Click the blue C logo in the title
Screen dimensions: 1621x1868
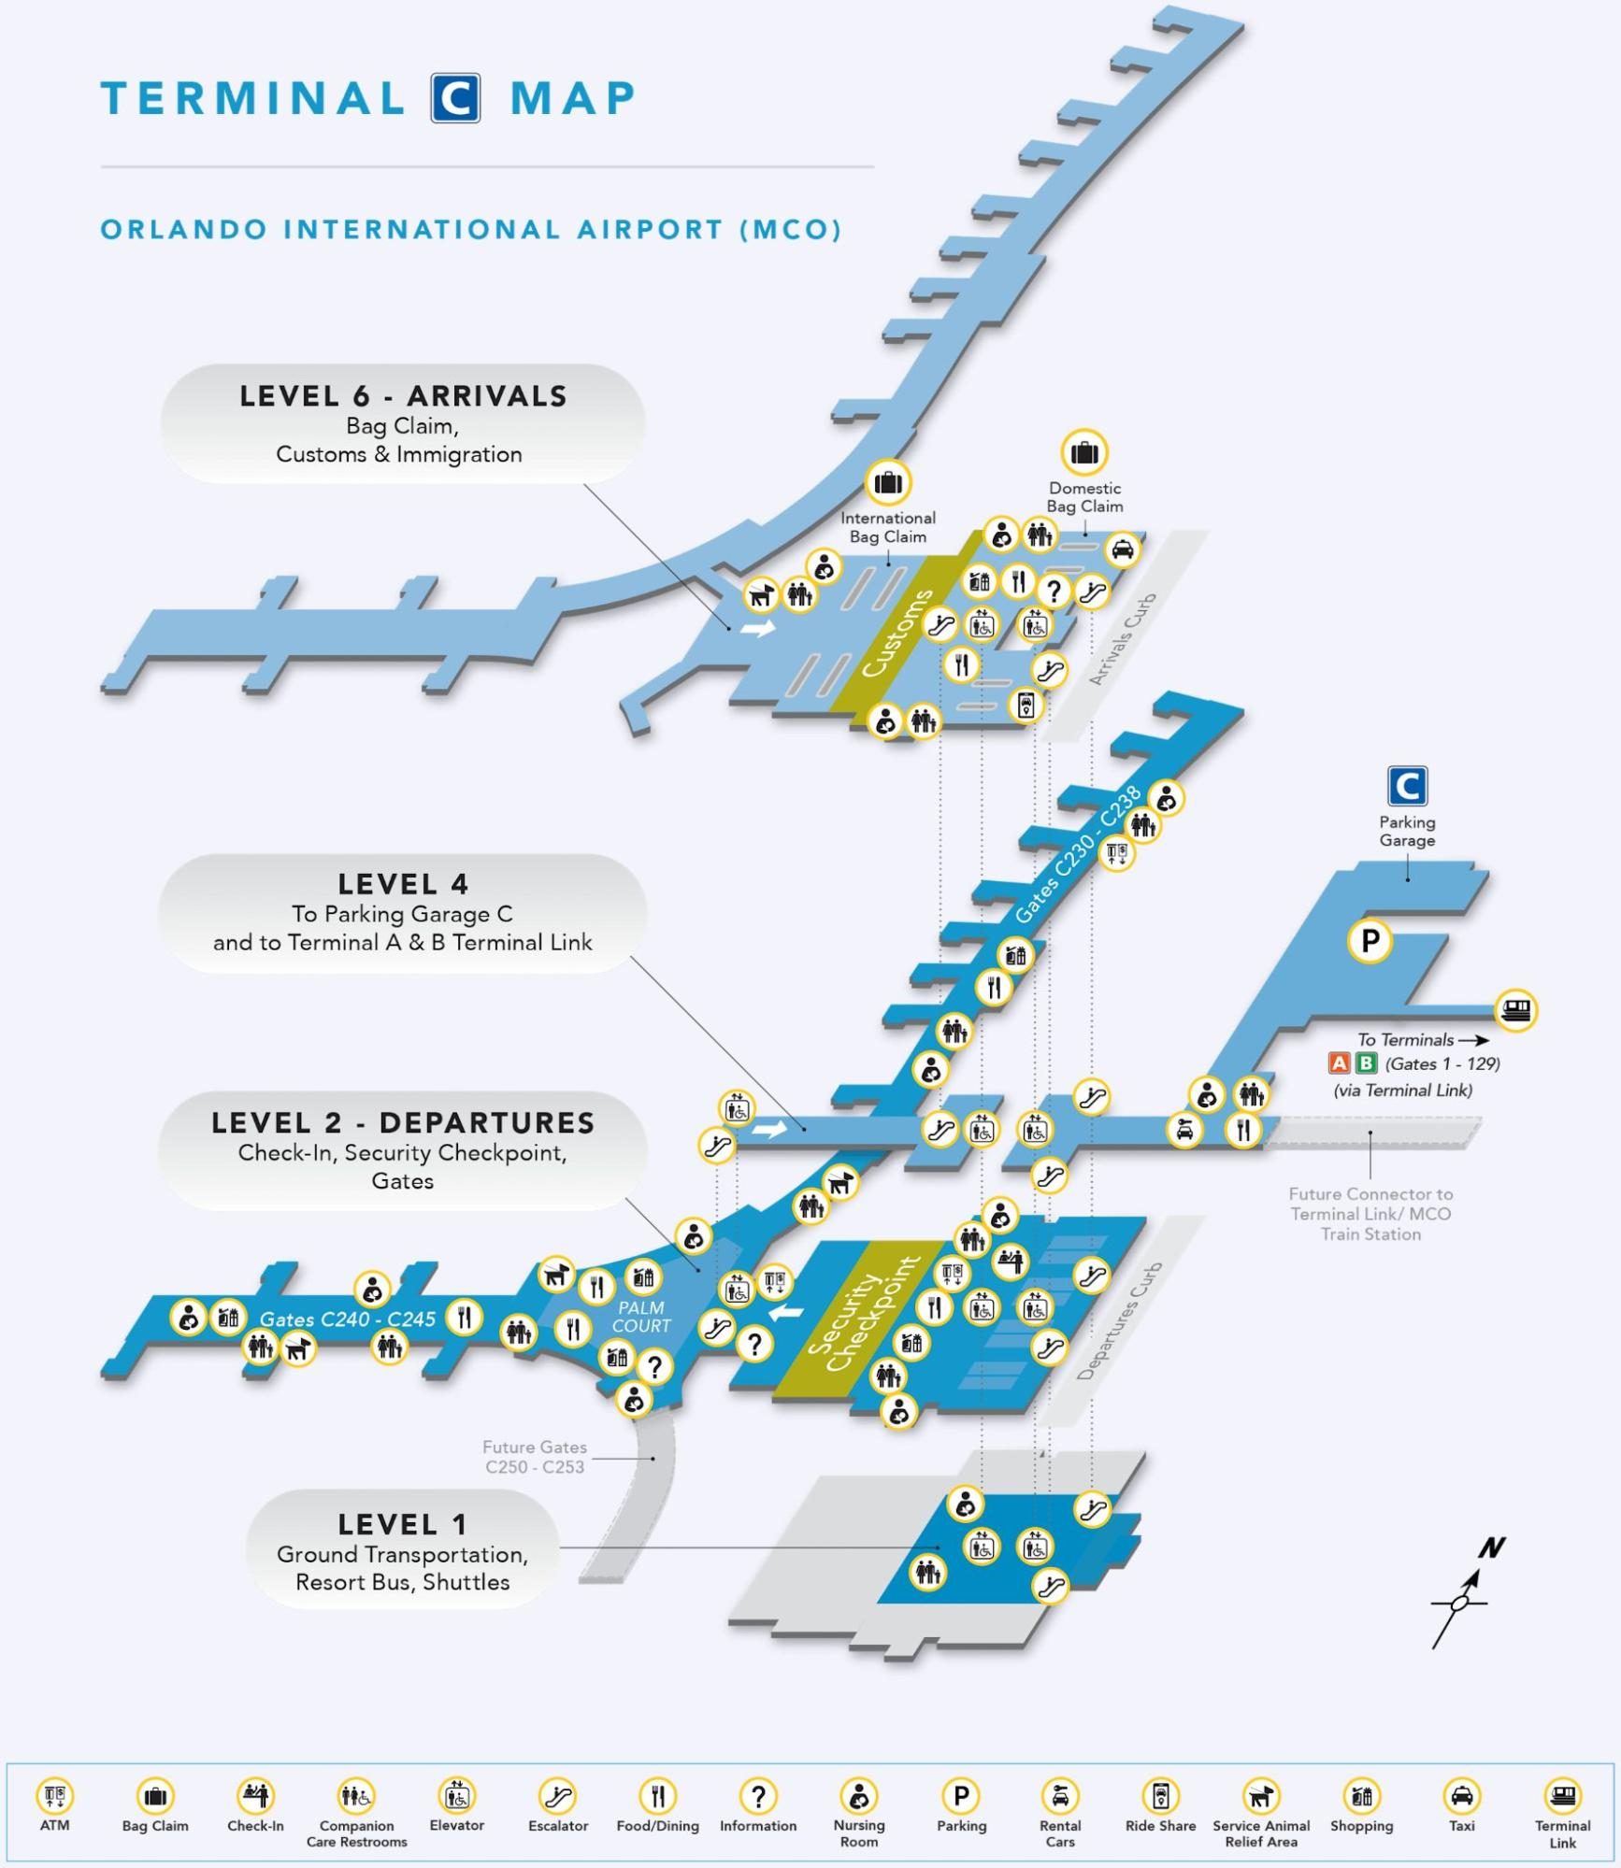pyautogui.click(x=455, y=98)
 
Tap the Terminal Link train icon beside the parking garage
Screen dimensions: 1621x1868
pyautogui.click(x=1515, y=1009)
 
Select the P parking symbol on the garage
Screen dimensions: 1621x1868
pyautogui.click(x=1370, y=940)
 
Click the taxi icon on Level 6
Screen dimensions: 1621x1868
pyautogui.click(x=1122, y=549)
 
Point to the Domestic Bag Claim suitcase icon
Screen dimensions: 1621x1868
pyautogui.click(x=1084, y=452)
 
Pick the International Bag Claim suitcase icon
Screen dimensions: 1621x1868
pyautogui.click(x=887, y=483)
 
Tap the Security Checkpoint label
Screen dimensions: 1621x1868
pyautogui.click(x=862, y=1315)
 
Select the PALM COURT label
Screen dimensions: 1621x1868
pyautogui.click(x=641, y=1317)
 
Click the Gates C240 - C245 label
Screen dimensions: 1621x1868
pyautogui.click(x=347, y=1319)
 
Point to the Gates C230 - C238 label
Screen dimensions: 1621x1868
pyautogui.click(x=1078, y=854)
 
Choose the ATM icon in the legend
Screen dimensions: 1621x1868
pyautogui.click(x=54, y=1796)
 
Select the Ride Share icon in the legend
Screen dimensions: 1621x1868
pyautogui.click(x=1160, y=1796)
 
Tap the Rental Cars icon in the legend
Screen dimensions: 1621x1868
pyautogui.click(x=1060, y=1796)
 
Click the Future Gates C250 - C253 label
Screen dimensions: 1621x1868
pyautogui.click(x=535, y=1457)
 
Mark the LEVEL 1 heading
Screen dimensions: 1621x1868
pyautogui.click(x=402, y=1525)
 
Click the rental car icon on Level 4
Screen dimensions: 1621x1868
pyautogui.click(x=1184, y=1130)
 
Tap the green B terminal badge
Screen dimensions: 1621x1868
pyautogui.click(x=1366, y=1063)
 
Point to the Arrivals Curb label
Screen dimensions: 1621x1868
pyautogui.click(x=1123, y=639)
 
